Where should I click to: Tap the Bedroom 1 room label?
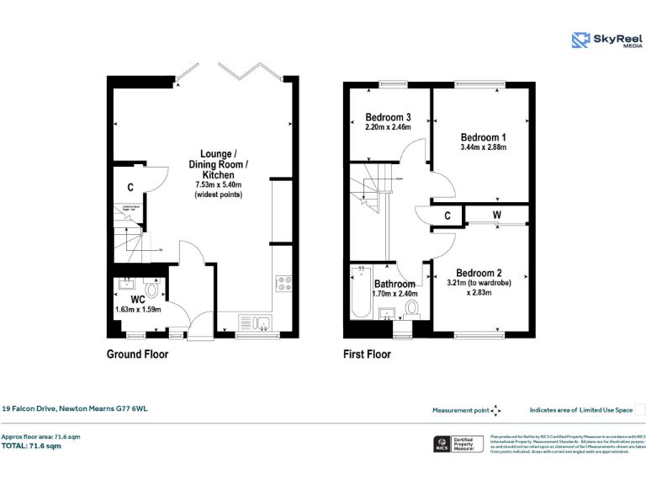tap(483, 137)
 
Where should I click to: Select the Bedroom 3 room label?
tap(388, 117)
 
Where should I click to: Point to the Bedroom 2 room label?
tap(479, 273)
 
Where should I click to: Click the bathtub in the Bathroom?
tap(362, 291)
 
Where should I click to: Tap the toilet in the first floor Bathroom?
tap(412, 309)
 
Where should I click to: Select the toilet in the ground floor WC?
tap(151, 290)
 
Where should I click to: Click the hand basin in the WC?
tap(128, 284)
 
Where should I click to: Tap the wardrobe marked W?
tap(496, 216)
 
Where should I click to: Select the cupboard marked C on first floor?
tap(447, 216)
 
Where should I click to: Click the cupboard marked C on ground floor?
tap(130, 188)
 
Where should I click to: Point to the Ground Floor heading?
tap(137, 354)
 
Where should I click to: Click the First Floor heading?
tap(367, 354)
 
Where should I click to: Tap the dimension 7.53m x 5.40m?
tap(218, 184)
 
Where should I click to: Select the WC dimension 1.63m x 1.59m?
tap(138, 310)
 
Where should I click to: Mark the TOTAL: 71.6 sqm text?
tap(31, 446)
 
